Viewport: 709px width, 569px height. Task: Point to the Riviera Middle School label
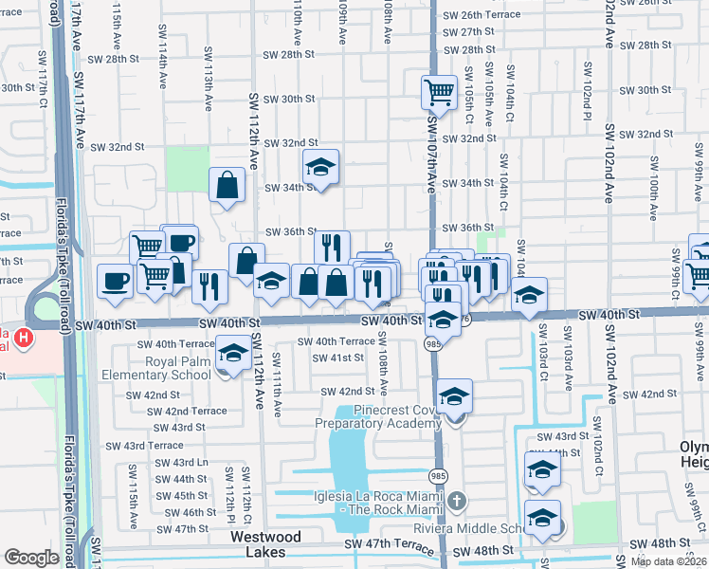coord(493,529)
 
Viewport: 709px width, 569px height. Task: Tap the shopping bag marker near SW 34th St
coord(228,186)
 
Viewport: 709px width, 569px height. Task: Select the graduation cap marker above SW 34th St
coord(321,168)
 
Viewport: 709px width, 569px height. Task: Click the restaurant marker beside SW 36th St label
coord(332,248)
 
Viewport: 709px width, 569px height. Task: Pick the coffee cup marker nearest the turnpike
coord(116,283)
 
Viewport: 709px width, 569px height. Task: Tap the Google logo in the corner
coord(31,558)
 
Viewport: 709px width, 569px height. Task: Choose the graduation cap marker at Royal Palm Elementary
coord(229,355)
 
